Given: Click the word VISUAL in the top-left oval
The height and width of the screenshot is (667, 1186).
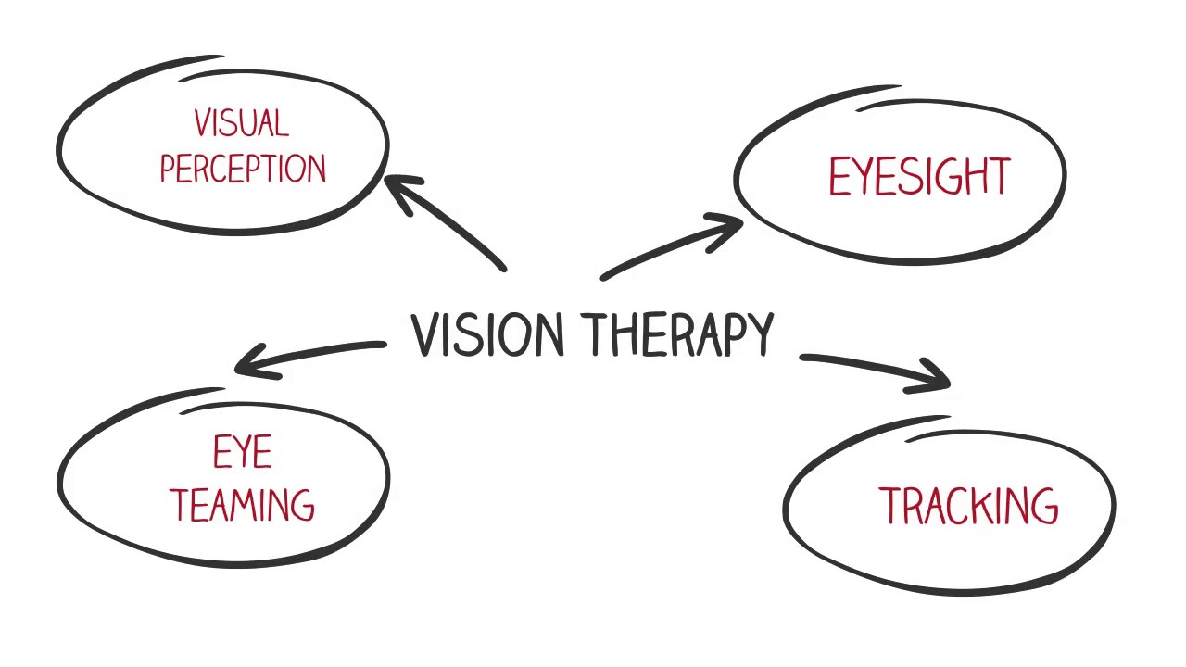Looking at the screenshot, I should (241, 123).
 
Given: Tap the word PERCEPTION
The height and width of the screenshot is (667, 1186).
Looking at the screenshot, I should (243, 169).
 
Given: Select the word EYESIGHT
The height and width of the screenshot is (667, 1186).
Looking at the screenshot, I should (918, 177).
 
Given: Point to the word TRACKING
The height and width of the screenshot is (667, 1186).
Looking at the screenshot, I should (967, 507).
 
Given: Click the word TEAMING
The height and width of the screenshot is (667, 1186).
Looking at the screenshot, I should (242, 505).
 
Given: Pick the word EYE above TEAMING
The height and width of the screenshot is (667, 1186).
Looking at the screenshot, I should (243, 454).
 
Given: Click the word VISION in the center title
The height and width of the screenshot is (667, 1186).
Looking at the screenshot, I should (487, 335).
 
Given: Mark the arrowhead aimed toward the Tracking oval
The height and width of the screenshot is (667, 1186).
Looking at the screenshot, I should (936, 378).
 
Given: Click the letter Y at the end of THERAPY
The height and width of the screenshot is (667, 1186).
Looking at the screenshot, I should (759, 335).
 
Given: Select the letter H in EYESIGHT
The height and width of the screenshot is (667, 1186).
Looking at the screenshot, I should (972, 177).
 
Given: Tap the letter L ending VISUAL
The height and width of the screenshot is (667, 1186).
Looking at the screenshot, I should (282, 123).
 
